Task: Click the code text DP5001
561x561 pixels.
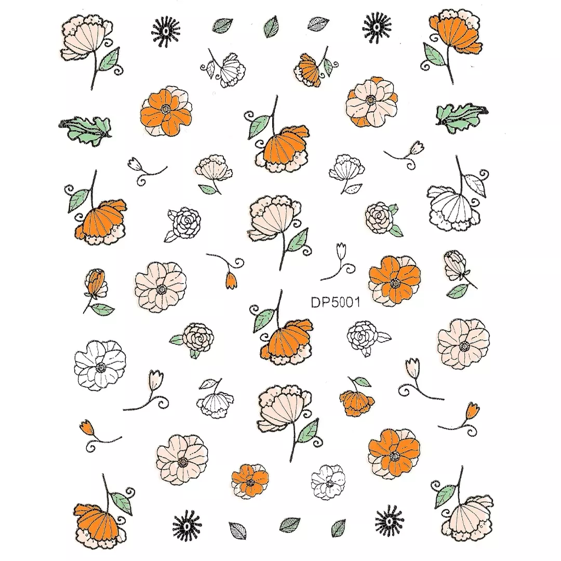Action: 335,302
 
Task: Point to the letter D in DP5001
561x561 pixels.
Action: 315,302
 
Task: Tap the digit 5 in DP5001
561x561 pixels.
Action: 332,302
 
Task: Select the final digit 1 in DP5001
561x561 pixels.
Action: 357,302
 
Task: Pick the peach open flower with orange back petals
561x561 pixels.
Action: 371,102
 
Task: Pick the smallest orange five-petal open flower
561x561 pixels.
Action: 250,480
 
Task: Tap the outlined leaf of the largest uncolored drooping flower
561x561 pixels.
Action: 475,185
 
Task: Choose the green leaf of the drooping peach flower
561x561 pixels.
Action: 445,496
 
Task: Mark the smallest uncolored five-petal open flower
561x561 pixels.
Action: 328,482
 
